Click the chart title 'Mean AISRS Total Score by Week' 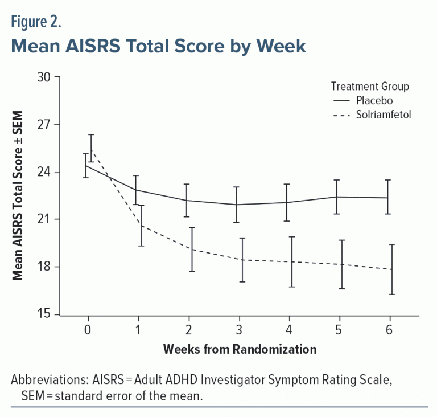(158, 46)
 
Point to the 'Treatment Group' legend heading (370, 87)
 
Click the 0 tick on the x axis (88, 330)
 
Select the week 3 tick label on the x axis (239, 330)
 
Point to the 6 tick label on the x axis (390, 330)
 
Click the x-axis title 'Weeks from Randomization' (239, 349)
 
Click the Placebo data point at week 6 (390, 198)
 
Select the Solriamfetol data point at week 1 (138, 226)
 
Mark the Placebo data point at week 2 (188, 201)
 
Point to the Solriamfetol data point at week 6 (390, 269)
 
